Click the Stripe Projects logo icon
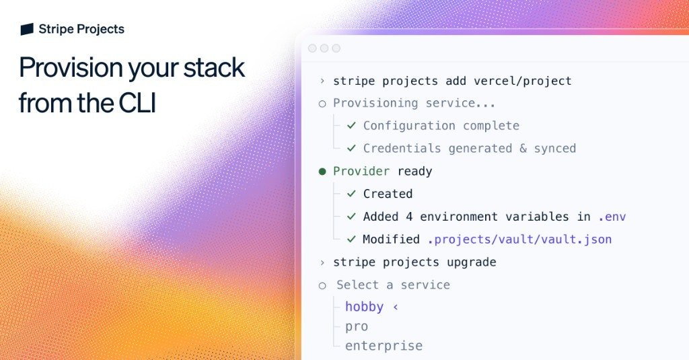pyautogui.click(x=27, y=29)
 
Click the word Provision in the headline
pyautogui.click(x=71, y=68)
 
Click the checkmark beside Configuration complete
pyautogui.click(x=351, y=126)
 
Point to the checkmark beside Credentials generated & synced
pyautogui.click(x=351, y=148)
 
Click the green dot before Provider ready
pyautogui.click(x=322, y=172)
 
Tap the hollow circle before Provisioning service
pyautogui.click(x=322, y=104)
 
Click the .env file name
pyautogui.click(x=612, y=217)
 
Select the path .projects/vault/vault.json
pyautogui.click(x=519, y=239)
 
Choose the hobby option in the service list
pyautogui.click(x=364, y=307)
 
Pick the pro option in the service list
pyautogui.click(x=357, y=326)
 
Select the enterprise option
pyautogui.click(x=384, y=346)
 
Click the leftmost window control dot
pyautogui.click(x=312, y=48)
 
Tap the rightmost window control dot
pyautogui.click(x=336, y=48)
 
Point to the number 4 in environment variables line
pyautogui.click(x=410, y=217)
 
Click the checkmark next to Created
pyautogui.click(x=351, y=194)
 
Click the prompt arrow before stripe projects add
pyautogui.click(x=322, y=81)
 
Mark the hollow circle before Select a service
pyautogui.click(x=322, y=285)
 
